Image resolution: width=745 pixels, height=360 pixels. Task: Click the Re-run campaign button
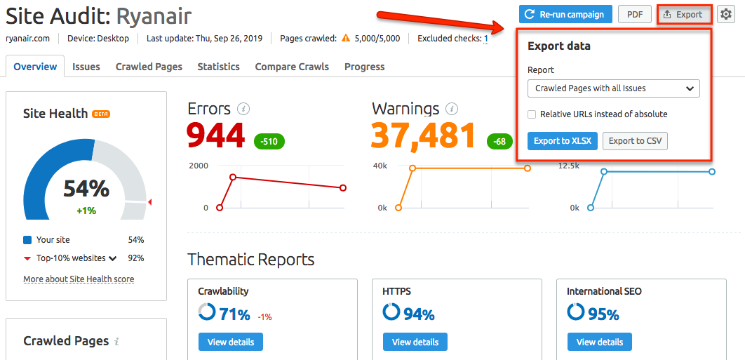click(565, 14)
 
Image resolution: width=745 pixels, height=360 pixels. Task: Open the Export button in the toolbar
click(683, 14)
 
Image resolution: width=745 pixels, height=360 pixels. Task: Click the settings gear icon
click(725, 14)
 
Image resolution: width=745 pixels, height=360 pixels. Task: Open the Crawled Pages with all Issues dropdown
click(613, 88)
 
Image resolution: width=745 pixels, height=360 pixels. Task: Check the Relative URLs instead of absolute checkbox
click(532, 114)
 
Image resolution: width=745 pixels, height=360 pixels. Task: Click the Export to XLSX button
click(562, 141)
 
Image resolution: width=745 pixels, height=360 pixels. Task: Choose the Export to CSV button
click(635, 141)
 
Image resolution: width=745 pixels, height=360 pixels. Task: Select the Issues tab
click(86, 67)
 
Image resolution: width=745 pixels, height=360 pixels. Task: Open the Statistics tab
click(218, 67)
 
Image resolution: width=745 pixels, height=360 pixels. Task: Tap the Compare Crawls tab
click(292, 67)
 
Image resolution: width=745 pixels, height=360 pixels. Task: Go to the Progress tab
click(364, 67)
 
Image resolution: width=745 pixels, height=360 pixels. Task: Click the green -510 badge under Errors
click(269, 141)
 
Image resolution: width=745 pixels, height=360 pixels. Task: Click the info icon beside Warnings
click(452, 109)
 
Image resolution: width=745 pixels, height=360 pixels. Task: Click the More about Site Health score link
click(79, 279)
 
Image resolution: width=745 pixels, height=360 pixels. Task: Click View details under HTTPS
click(415, 342)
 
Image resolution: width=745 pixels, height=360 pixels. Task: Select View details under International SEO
click(600, 342)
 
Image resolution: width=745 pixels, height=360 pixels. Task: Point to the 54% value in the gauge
click(86, 189)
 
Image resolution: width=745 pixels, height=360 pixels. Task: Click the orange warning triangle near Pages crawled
click(346, 39)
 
